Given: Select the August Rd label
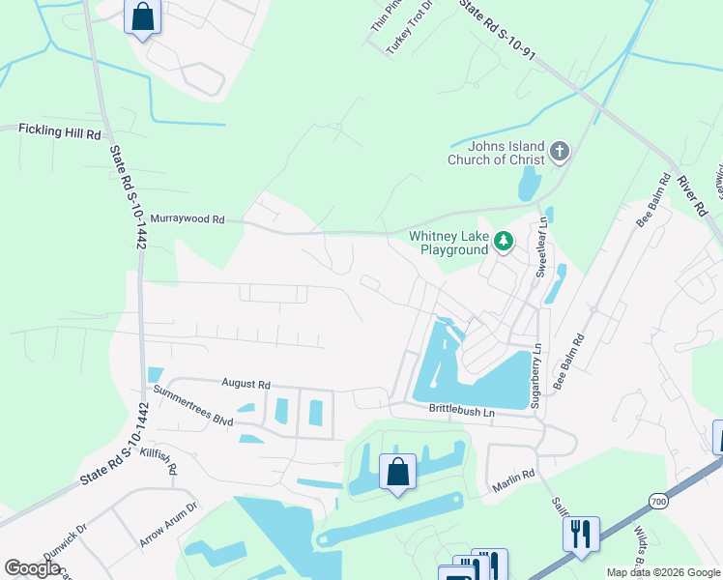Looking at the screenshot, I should tap(246, 383).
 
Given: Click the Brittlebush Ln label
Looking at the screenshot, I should tap(462, 411).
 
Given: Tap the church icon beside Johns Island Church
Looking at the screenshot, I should tap(560, 152).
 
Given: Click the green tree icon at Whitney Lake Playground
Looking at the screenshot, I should tap(503, 242).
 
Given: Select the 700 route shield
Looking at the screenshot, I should tap(657, 502).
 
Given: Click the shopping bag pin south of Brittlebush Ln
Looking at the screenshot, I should tap(397, 473).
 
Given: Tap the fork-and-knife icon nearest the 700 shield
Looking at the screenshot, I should tap(580, 534).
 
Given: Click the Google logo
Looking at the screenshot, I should tap(32, 567).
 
